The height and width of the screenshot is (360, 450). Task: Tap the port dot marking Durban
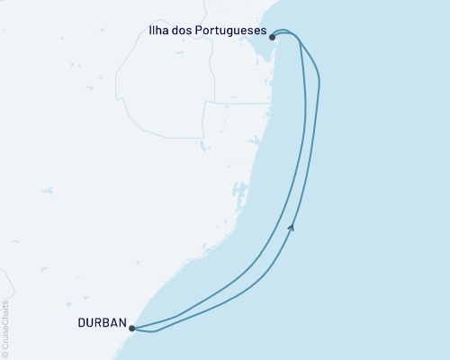(x=131, y=328)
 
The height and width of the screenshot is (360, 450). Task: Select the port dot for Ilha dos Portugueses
(x=273, y=38)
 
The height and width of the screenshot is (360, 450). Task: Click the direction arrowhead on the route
(x=291, y=228)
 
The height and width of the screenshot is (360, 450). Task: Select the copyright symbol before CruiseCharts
(x=5, y=354)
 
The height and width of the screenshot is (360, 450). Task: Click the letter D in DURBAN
(x=80, y=321)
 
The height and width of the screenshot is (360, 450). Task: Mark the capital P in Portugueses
(x=205, y=30)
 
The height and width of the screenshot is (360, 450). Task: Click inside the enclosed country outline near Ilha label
(x=166, y=90)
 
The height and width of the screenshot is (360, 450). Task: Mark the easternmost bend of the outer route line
(x=319, y=85)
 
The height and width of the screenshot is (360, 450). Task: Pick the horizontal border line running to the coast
(x=238, y=101)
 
